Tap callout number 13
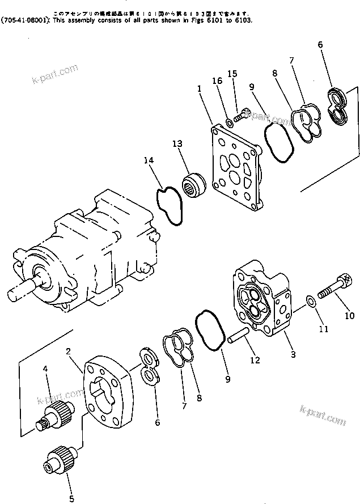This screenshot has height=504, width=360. pyautogui.click(x=177, y=144)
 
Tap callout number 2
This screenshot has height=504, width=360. pyautogui.click(x=69, y=352)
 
